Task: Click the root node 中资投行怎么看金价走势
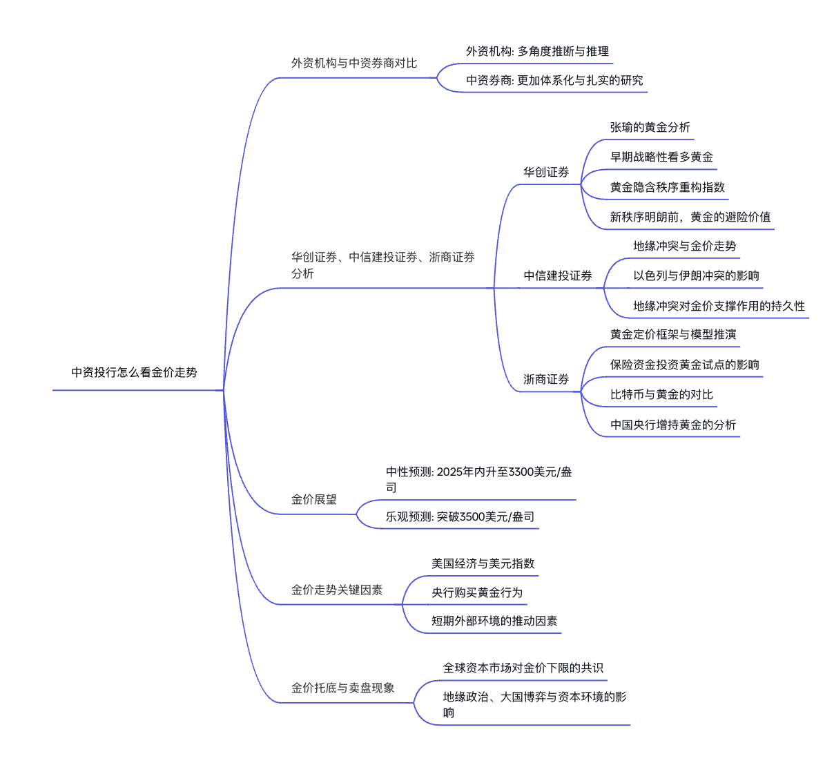click(x=134, y=373)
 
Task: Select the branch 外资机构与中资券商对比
click(x=353, y=64)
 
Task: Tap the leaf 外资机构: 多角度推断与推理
click(x=537, y=52)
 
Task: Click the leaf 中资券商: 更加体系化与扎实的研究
click(x=554, y=81)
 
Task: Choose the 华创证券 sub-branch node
click(x=546, y=173)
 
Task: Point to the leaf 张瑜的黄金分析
click(x=650, y=128)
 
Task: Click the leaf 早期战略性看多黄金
click(x=661, y=157)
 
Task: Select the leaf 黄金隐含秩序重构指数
click(x=667, y=188)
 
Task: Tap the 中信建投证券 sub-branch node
click(x=558, y=276)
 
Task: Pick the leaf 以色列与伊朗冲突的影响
click(x=696, y=276)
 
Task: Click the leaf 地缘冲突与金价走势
click(x=684, y=246)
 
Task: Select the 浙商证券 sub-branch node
click(x=546, y=380)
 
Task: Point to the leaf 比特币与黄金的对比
click(x=661, y=395)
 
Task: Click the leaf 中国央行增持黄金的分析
click(x=673, y=425)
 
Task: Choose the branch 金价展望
click(x=313, y=500)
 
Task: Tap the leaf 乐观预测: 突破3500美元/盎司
click(x=460, y=517)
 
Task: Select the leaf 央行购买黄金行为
click(x=477, y=593)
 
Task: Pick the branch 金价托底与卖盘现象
click(x=342, y=688)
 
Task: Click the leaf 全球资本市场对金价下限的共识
click(x=523, y=668)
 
